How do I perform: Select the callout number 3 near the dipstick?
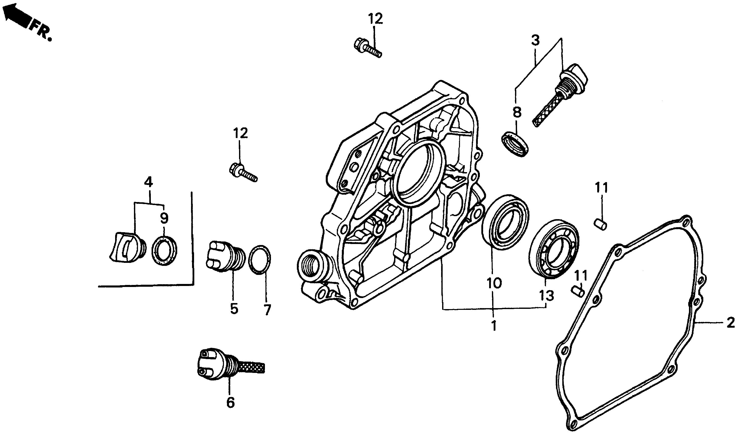tap(535, 40)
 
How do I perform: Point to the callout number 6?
tap(230, 402)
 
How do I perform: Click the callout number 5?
tap(234, 309)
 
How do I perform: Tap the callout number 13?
tap(547, 296)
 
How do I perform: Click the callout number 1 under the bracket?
tap(493, 326)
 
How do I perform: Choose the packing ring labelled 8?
tap(515, 145)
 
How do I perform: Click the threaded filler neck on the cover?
tap(312, 265)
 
